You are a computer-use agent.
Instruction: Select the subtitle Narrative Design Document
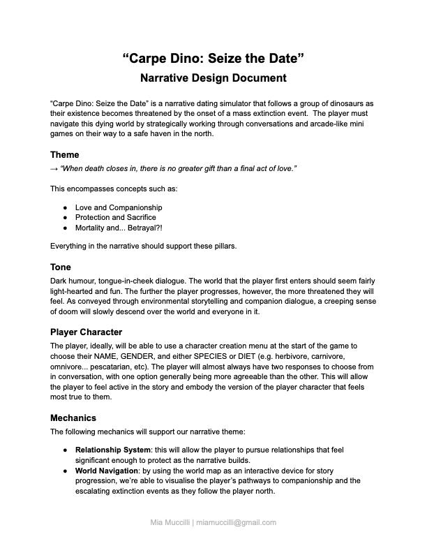[x=213, y=78]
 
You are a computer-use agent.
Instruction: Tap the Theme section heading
[x=64, y=154]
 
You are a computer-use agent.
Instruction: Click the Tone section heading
[x=61, y=267]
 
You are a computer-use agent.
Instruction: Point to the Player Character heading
[x=86, y=332]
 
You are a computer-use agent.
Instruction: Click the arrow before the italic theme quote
[x=54, y=169]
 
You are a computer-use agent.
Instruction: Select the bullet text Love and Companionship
[x=119, y=207]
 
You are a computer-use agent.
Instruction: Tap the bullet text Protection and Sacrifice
[x=115, y=217]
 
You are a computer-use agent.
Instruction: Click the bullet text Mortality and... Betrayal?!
[x=119, y=228]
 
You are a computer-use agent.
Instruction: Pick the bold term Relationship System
[x=112, y=450]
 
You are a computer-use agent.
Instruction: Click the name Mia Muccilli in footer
[x=170, y=522]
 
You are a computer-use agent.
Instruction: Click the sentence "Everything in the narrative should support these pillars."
[x=143, y=246]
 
